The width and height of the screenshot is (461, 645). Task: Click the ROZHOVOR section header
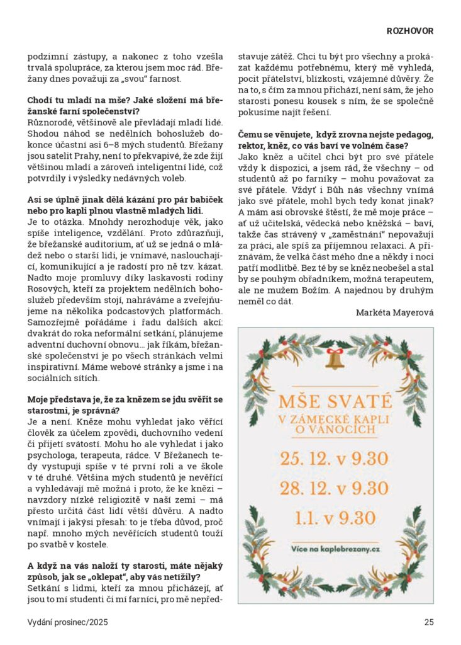click(409, 30)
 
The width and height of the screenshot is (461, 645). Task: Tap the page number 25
click(429, 622)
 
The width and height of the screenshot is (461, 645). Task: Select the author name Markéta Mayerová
click(395, 312)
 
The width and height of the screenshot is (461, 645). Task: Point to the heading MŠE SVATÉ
click(335, 401)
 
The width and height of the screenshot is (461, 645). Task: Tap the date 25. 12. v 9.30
click(335, 458)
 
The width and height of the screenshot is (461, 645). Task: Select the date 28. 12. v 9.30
click(335, 488)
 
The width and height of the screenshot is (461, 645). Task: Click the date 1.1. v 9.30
click(335, 518)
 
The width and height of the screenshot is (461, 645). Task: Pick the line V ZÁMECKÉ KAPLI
click(335, 419)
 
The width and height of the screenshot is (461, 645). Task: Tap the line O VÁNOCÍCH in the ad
click(335, 430)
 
